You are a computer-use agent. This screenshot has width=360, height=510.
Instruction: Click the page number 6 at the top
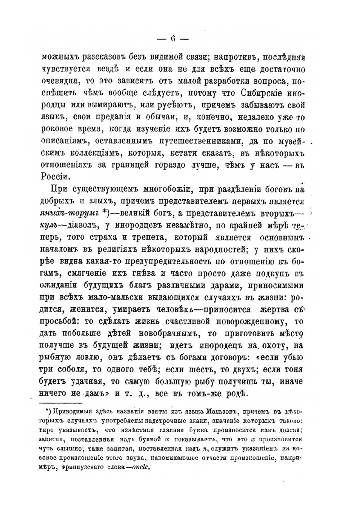click(172, 39)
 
